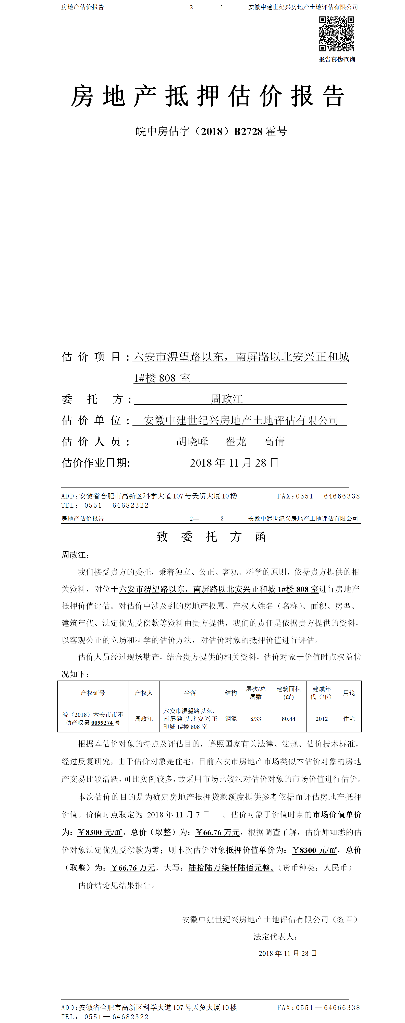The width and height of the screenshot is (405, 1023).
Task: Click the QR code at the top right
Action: [x=336, y=34]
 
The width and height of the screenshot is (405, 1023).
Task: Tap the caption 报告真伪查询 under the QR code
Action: [x=337, y=60]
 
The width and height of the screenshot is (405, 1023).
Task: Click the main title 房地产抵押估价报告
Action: [x=207, y=96]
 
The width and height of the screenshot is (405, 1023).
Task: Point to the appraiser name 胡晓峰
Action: [x=192, y=441]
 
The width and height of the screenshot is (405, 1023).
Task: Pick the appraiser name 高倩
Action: [x=274, y=441]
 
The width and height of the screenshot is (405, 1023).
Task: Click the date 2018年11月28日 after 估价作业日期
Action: [x=234, y=463]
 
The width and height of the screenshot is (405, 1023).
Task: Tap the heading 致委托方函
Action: [x=211, y=537]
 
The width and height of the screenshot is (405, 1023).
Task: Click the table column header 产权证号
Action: [x=93, y=693]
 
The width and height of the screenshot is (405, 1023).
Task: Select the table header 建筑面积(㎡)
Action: [x=288, y=693]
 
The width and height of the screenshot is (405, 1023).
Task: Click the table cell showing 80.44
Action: [x=288, y=719]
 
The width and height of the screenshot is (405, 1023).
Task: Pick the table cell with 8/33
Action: [x=256, y=719]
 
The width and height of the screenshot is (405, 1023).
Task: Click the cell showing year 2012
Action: [x=322, y=719]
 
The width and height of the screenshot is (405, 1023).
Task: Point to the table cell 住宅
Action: [x=349, y=719]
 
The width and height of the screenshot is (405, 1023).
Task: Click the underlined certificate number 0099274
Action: [x=102, y=723]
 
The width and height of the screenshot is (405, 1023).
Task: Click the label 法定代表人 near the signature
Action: [x=275, y=936]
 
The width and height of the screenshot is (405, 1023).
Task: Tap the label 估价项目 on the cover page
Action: [x=91, y=357]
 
